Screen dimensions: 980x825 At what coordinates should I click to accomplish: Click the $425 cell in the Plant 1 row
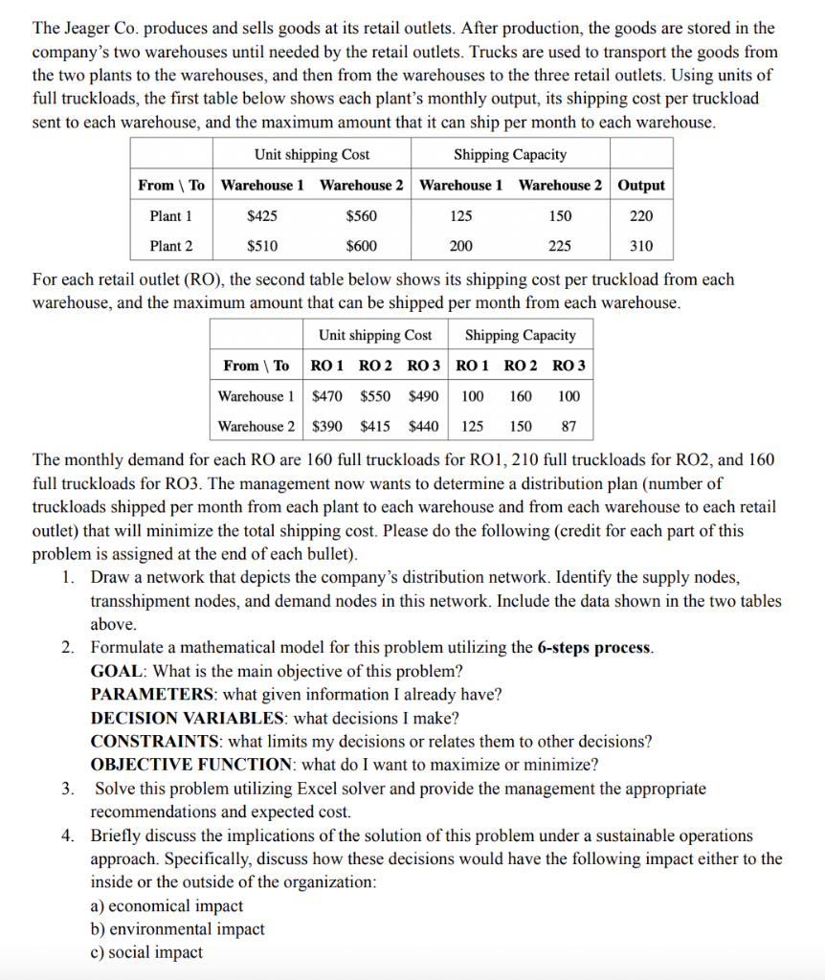click(x=262, y=216)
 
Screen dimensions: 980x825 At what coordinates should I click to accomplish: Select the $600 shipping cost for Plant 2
click(x=361, y=246)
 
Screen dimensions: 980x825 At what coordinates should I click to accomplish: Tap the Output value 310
click(x=641, y=246)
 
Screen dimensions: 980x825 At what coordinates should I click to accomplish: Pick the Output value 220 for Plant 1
click(x=641, y=216)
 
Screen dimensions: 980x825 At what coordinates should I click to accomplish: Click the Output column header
click(x=641, y=185)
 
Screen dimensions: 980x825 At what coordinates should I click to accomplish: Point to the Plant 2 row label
click(x=171, y=246)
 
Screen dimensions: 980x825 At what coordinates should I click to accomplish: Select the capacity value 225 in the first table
click(x=560, y=246)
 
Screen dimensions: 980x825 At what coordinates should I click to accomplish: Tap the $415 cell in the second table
click(x=377, y=426)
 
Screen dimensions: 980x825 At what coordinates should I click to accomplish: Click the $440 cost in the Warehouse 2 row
click(x=424, y=426)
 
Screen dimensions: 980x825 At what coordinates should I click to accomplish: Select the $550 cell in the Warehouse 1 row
click(x=377, y=396)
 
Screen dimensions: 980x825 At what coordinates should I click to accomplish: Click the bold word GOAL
click(x=118, y=671)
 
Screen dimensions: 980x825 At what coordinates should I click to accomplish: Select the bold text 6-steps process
click(x=594, y=648)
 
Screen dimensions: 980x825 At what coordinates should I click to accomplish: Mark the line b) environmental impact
click(x=177, y=928)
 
